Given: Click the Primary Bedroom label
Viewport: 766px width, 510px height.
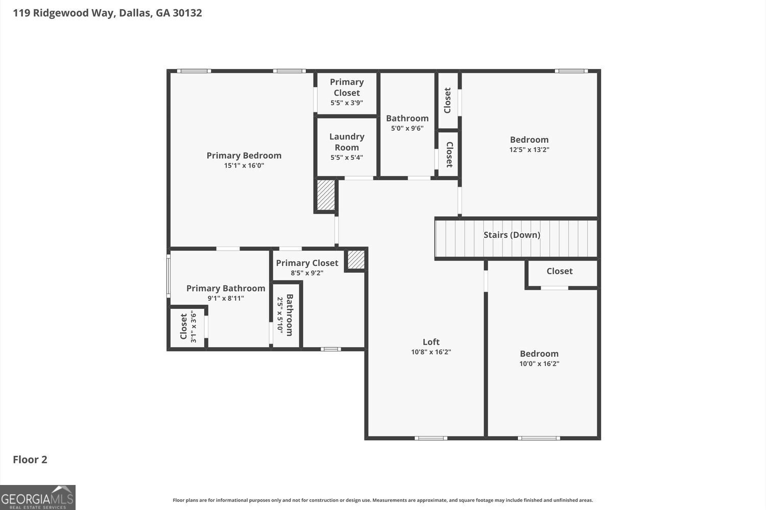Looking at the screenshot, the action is coord(244,156).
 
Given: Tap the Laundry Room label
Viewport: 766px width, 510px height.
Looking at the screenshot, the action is coord(347,142).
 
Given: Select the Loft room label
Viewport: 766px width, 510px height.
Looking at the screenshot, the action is coord(431,342).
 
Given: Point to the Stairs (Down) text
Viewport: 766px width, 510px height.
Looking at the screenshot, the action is coord(512,235).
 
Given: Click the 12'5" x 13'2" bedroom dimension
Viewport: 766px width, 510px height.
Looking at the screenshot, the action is coord(529,150).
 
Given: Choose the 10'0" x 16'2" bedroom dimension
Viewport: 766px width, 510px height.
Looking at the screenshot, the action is coord(539,363).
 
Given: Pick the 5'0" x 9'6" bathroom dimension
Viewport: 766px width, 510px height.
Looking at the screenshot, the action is coord(407,128).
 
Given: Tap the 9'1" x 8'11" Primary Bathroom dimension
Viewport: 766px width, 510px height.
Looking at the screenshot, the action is coord(226,298).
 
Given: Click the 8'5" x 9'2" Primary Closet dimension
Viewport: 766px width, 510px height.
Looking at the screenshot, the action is coord(307,273).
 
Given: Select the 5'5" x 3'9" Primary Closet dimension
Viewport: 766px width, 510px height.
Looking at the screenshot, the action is coord(346,103).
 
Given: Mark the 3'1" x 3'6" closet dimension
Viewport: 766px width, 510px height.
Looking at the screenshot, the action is coord(193,326).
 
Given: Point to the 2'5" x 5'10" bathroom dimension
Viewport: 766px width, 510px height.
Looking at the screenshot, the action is coord(280,315).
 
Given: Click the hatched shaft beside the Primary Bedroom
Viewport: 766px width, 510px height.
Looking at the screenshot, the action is coord(326,195).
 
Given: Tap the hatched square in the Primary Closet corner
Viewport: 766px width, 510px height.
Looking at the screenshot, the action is coord(356,260).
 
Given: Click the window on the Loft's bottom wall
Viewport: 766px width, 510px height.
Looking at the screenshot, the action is coord(431,438).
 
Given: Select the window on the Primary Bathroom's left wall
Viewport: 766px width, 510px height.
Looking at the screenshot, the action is coord(168,276).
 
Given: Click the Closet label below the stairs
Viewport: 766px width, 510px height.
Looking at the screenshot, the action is coord(559,271).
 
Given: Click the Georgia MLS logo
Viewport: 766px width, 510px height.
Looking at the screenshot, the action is coord(38,497).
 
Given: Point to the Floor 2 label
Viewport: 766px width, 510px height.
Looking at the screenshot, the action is coord(30,459).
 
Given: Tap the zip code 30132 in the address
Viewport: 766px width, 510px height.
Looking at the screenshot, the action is coord(187,13).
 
